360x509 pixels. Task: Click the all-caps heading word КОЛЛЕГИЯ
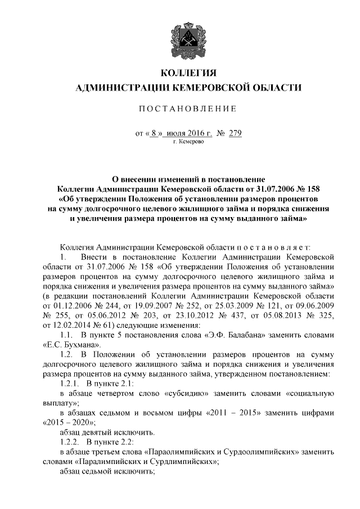(x=188, y=73)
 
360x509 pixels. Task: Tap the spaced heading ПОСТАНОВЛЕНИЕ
(x=188, y=108)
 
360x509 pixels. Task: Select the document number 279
(x=235, y=133)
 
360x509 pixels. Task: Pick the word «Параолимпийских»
(x=180, y=452)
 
